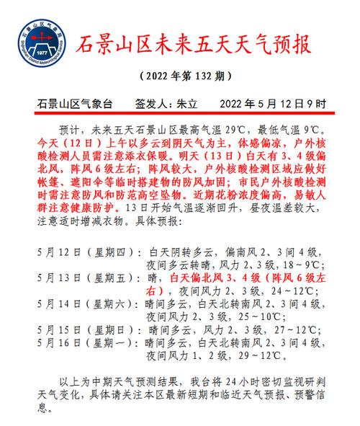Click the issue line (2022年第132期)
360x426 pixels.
tap(180, 77)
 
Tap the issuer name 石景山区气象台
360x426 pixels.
tap(80, 103)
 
